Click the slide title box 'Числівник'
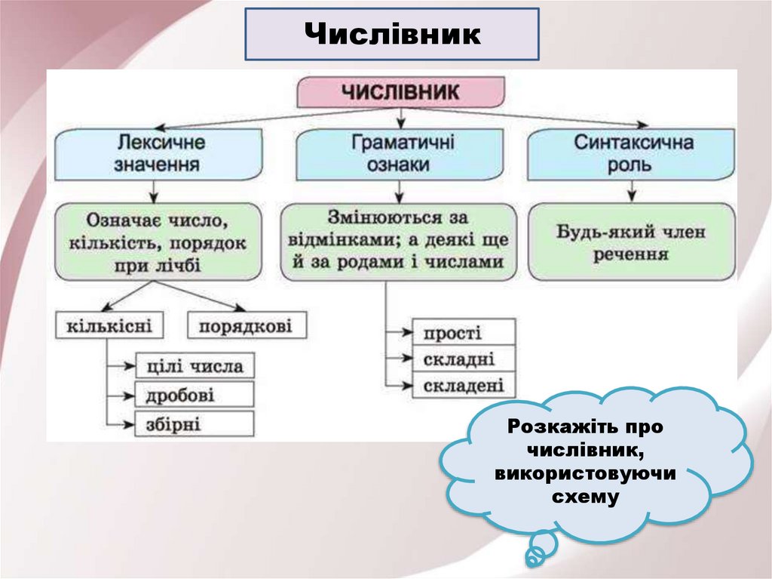click(x=392, y=35)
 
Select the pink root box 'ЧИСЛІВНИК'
click(x=400, y=91)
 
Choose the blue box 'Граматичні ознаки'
click(x=400, y=153)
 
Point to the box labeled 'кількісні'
click(x=109, y=327)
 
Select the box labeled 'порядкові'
click(x=247, y=327)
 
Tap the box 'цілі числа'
click(x=195, y=366)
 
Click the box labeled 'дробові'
click(x=195, y=395)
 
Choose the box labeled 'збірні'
click(x=195, y=423)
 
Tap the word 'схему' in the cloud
click(x=585, y=497)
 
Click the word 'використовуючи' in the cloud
click(x=585, y=474)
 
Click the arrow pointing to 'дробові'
click(x=121, y=395)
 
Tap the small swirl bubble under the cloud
click(x=535, y=557)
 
